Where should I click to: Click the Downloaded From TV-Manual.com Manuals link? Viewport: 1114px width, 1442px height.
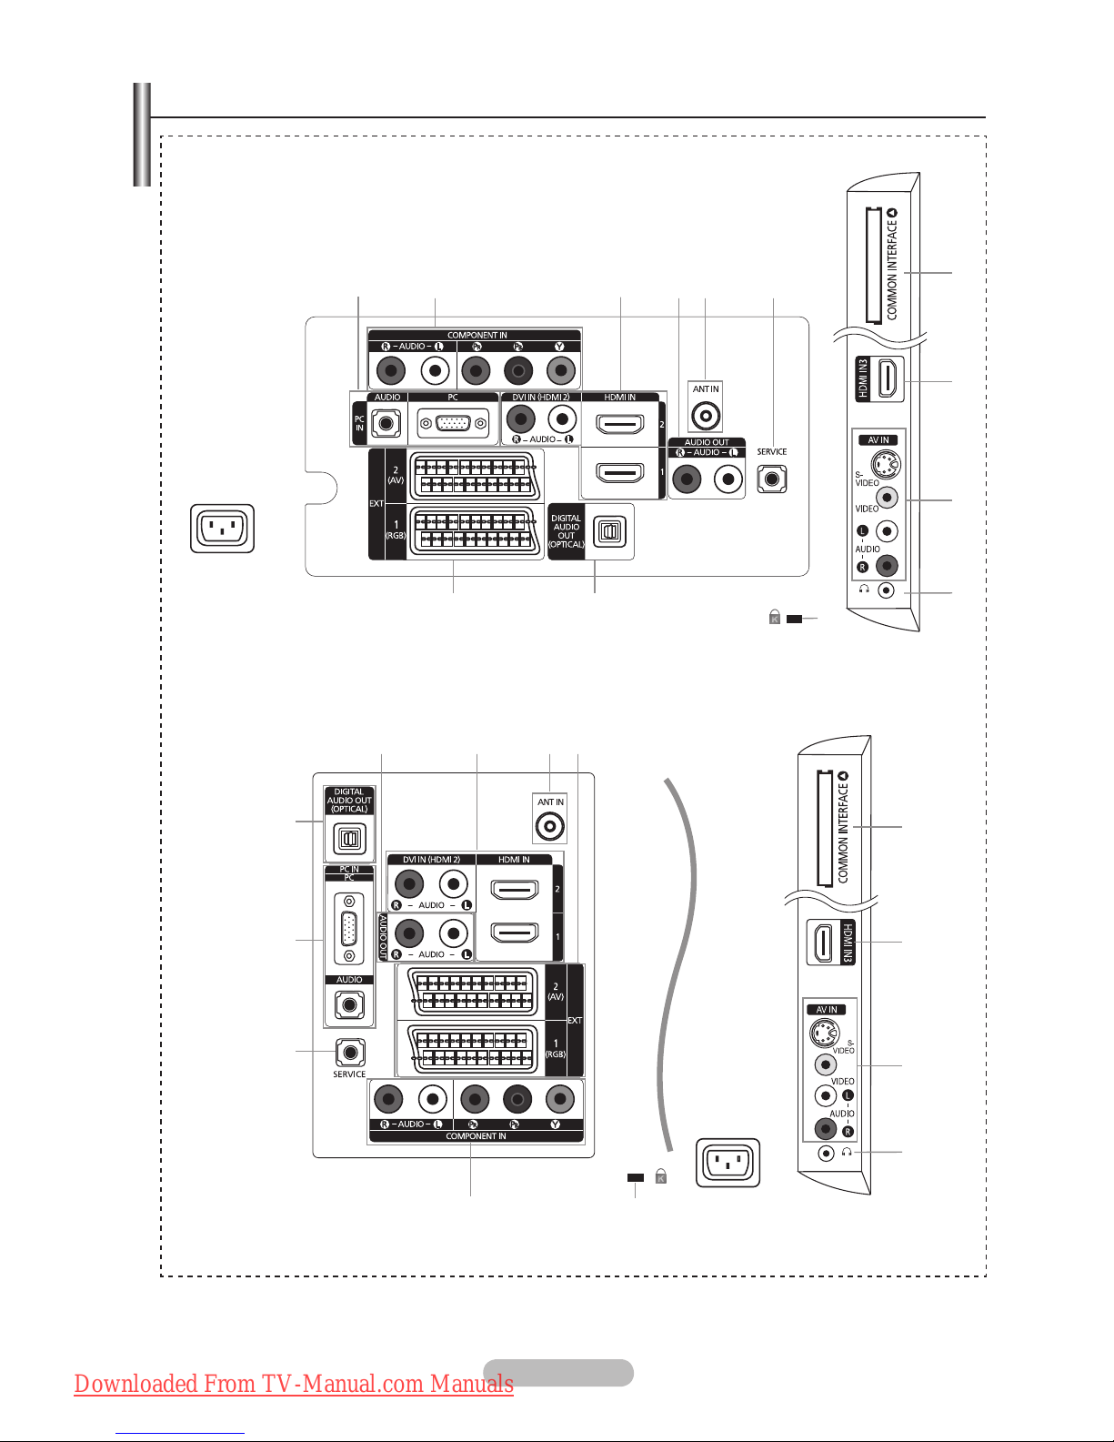294,1384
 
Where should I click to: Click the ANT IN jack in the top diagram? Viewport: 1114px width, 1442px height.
706,416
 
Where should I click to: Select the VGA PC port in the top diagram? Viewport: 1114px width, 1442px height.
452,424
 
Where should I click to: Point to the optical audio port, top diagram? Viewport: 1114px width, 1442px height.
606,531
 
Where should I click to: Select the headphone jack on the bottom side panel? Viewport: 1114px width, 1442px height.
825,1154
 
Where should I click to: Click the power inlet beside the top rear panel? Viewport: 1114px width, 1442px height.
222,529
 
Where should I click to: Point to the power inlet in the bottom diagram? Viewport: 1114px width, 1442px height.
728,1163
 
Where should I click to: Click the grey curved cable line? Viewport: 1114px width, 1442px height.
684,955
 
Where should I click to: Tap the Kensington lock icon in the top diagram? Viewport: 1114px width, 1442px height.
775,618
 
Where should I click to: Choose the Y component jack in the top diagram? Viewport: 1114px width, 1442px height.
560,370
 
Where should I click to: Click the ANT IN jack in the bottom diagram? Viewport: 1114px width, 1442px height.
550,827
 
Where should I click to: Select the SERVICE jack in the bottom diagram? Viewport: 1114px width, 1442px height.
350,1053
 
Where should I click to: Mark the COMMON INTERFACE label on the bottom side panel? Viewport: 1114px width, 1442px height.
843,828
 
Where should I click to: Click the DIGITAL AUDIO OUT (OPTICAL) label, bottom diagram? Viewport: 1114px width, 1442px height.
349,801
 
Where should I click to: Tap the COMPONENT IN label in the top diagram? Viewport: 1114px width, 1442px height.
477,335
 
